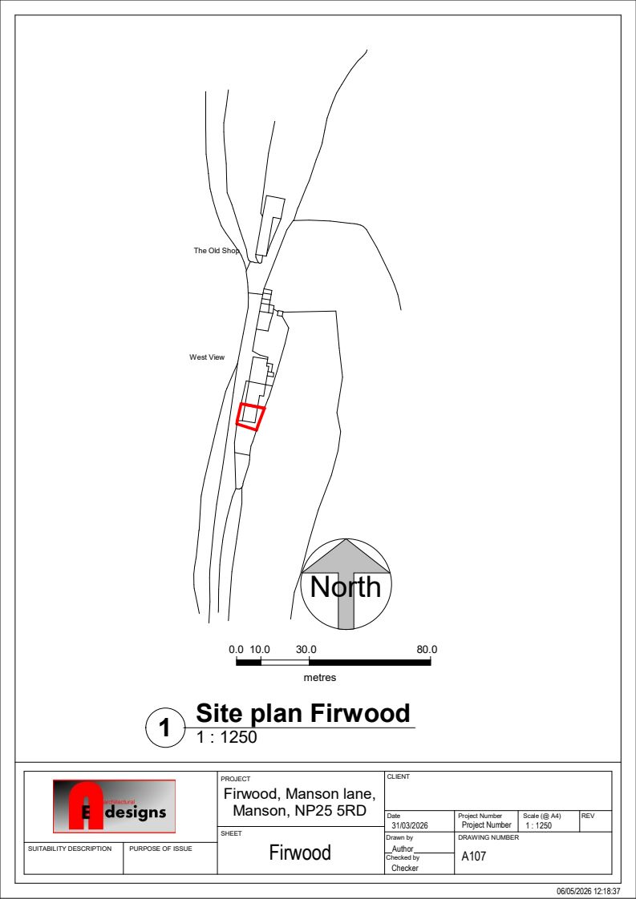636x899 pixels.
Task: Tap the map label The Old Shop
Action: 217,251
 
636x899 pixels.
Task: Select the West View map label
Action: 207,357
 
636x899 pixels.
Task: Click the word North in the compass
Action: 346,587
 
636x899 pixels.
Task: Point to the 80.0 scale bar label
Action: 427,650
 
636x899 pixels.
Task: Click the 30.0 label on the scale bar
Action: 306,650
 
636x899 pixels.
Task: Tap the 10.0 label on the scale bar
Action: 260,650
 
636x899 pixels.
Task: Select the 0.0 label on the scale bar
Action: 237,650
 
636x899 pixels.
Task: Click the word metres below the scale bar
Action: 320,678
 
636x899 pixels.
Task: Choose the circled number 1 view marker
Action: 164,728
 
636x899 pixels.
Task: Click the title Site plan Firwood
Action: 303,713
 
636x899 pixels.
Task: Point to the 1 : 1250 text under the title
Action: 227,737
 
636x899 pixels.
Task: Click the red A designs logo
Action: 114,806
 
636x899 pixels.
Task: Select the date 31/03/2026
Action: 410,825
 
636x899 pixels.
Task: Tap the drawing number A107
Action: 473,857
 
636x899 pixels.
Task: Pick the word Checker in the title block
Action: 405,868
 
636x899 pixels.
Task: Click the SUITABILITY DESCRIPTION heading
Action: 70,849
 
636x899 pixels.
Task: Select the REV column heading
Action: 588,816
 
